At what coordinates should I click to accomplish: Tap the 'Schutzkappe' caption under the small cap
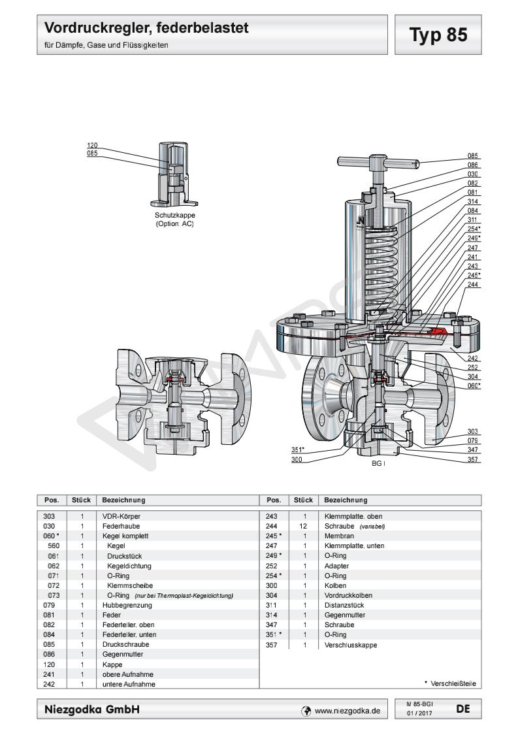pos(174,215)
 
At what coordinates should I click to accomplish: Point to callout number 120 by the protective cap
pos(91,146)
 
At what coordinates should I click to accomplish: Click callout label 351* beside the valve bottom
pos(299,449)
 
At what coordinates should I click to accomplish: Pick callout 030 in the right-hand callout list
pos(473,174)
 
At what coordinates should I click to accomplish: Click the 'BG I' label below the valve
pos(378,463)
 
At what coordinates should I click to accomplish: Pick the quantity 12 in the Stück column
pos(304,526)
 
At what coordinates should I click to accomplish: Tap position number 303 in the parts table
pos(48,516)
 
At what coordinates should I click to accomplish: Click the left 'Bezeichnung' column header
pos(123,500)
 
